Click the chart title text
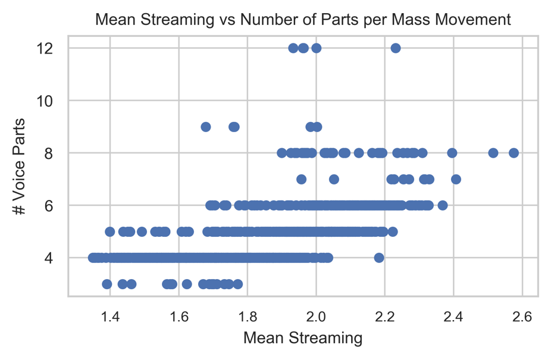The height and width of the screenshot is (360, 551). pyautogui.click(x=303, y=20)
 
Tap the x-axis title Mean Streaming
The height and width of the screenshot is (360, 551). pyautogui.click(x=303, y=339)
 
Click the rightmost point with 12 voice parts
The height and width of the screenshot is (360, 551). pyautogui.click(x=396, y=48)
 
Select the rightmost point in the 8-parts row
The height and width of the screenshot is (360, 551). pyautogui.click(x=514, y=153)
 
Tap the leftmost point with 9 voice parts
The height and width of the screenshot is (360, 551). pyautogui.click(x=206, y=127)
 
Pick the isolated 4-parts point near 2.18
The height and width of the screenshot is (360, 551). pyautogui.click(x=379, y=258)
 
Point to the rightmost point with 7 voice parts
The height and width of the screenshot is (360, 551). pyautogui.click(x=456, y=179)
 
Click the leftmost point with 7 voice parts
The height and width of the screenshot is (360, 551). pyautogui.click(x=301, y=179)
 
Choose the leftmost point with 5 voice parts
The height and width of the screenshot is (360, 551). pyautogui.click(x=109, y=231)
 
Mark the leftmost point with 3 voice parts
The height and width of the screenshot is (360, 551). pyautogui.click(x=107, y=284)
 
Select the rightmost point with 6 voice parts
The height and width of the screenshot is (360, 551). pyautogui.click(x=442, y=205)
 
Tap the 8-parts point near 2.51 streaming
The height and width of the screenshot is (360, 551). pyautogui.click(x=493, y=153)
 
